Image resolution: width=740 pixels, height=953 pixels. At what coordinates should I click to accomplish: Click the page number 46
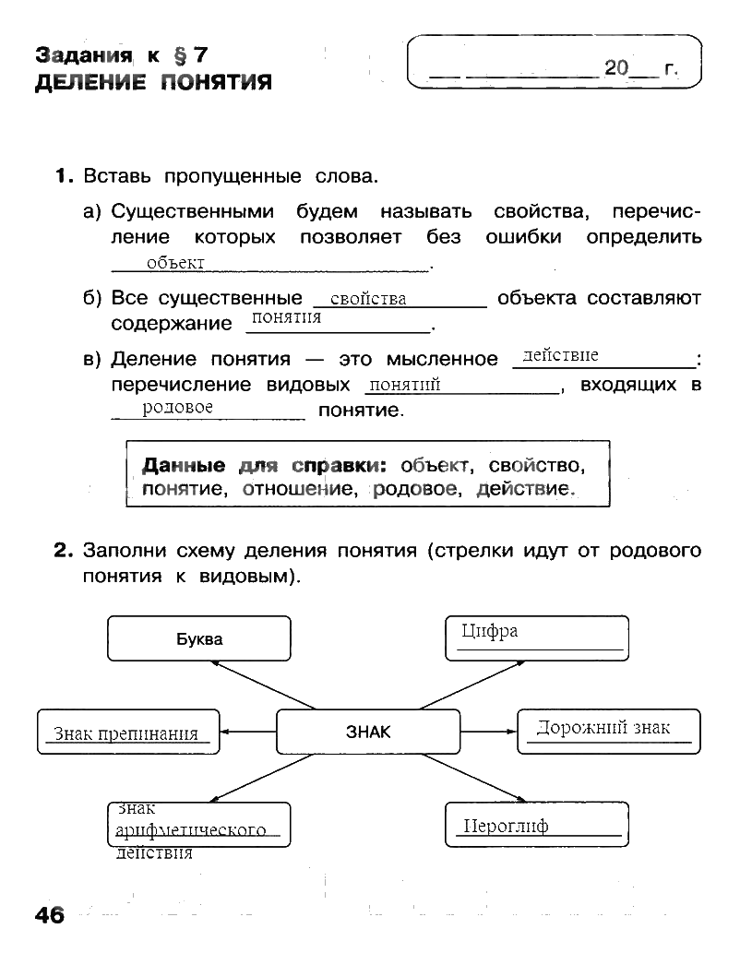pos(50,915)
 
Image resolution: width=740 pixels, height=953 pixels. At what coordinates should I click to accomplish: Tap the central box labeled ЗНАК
pos(368,732)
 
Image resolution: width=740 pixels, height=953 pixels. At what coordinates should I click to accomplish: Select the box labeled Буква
pos(199,638)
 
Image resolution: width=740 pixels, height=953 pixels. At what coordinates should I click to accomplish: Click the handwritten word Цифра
pos(489,631)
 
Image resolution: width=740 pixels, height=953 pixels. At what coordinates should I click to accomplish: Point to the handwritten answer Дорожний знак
pos(603,728)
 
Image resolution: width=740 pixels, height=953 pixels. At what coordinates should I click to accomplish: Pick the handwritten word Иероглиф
pos(506,826)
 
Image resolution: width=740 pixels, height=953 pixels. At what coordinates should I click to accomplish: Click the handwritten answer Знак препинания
pos(126,734)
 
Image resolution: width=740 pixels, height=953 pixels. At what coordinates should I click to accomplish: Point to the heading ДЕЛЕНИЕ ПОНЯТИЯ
pos(153,84)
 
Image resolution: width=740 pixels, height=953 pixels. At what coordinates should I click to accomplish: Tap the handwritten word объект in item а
pos(175,264)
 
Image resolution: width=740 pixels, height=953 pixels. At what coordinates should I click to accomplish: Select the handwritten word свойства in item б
pos(368,299)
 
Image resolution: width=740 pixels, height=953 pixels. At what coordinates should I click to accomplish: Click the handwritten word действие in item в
pos(560,355)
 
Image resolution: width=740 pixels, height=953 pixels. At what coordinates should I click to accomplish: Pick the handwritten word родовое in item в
pos(178,407)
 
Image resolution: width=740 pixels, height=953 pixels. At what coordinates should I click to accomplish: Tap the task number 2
pos(63,552)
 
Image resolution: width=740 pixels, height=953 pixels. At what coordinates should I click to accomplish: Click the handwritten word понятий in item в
pos(403,386)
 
